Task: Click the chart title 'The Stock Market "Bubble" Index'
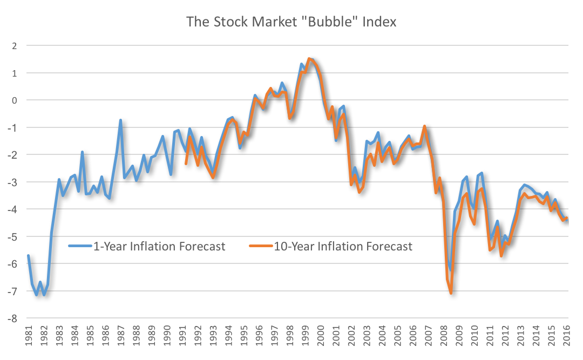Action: click(291, 22)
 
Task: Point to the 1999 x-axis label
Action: click(306, 336)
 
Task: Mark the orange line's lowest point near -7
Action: click(451, 293)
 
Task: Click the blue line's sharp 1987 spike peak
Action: click(120, 120)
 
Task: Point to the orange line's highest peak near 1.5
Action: click(309, 59)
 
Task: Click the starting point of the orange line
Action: click(186, 164)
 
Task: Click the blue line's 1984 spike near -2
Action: click(82, 152)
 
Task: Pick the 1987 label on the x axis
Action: click(120, 336)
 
